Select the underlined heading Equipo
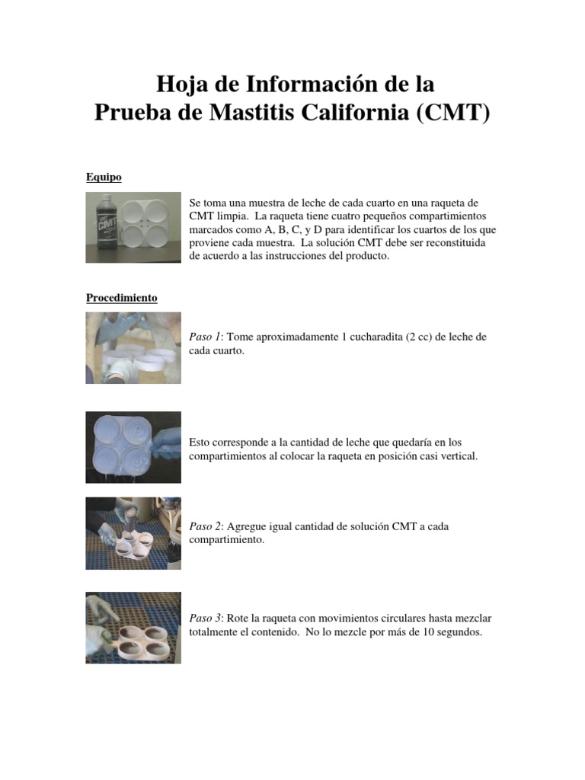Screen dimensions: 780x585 [104, 177]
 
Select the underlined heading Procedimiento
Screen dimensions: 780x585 [121, 298]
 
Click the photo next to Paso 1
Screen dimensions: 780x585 [133, 348]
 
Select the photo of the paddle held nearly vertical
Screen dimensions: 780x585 [133, 447]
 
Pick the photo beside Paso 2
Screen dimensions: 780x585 [133, 533]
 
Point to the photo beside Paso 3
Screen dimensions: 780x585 [133, 628]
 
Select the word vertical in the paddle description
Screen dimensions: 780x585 [456, 456]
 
